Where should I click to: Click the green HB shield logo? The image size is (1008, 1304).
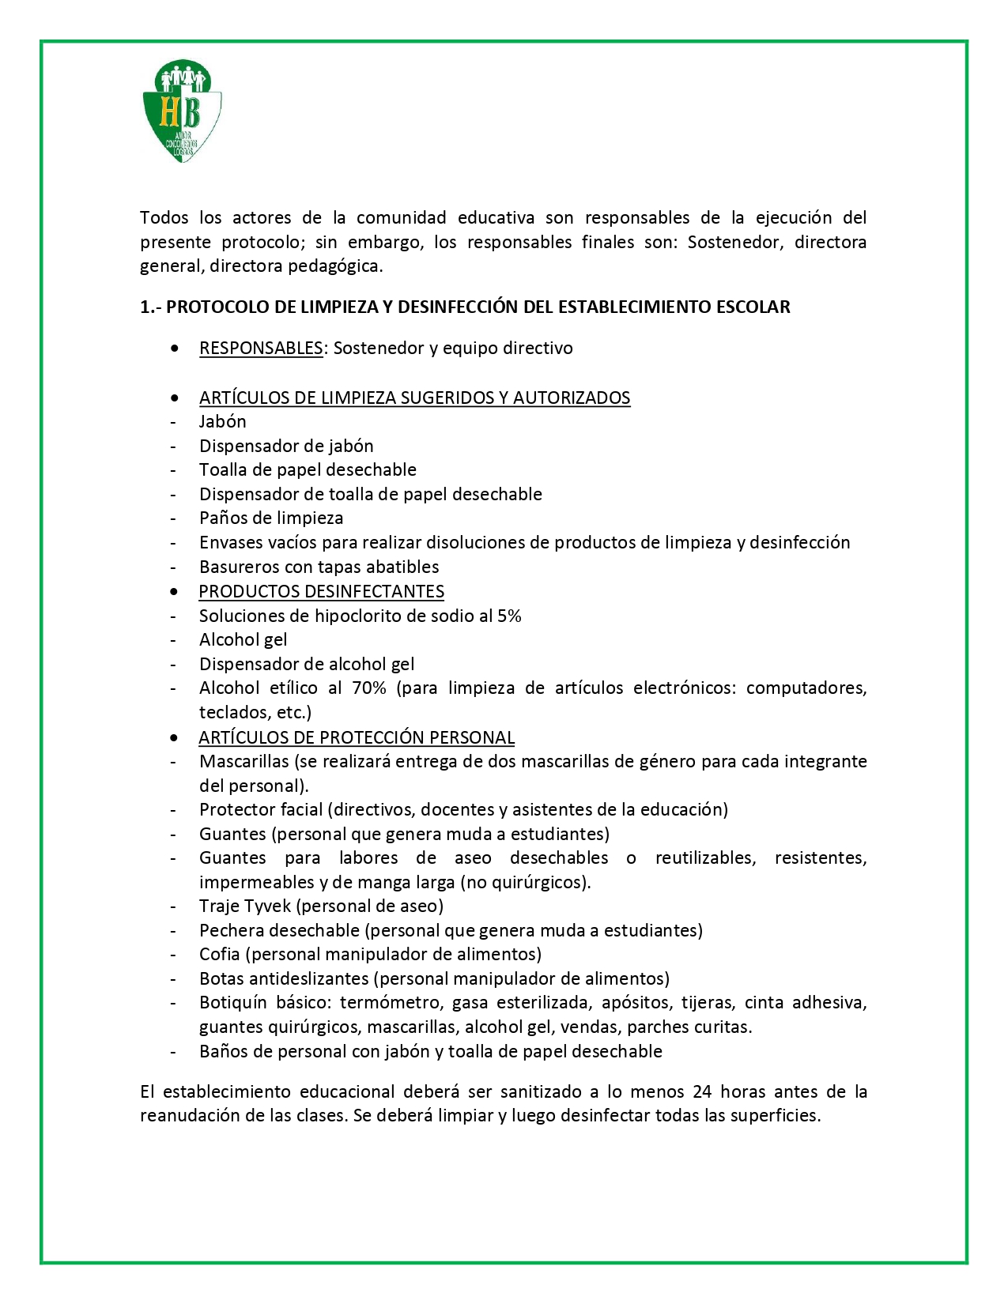[x=182, y=111]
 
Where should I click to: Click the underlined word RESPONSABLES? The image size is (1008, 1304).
[x=261, y=349]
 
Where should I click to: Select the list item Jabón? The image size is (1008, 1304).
[x=222, y=422]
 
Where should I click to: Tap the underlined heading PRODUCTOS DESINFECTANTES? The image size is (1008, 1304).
[x=321, y=592]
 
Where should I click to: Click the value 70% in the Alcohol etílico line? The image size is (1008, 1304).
[x=369, y=688]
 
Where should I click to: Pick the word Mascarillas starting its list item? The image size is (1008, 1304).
[x=244, y=762]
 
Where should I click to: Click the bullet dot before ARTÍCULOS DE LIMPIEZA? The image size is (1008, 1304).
[x=174, y=398]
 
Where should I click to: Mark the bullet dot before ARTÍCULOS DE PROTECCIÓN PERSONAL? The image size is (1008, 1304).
[x=174, y=738]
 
